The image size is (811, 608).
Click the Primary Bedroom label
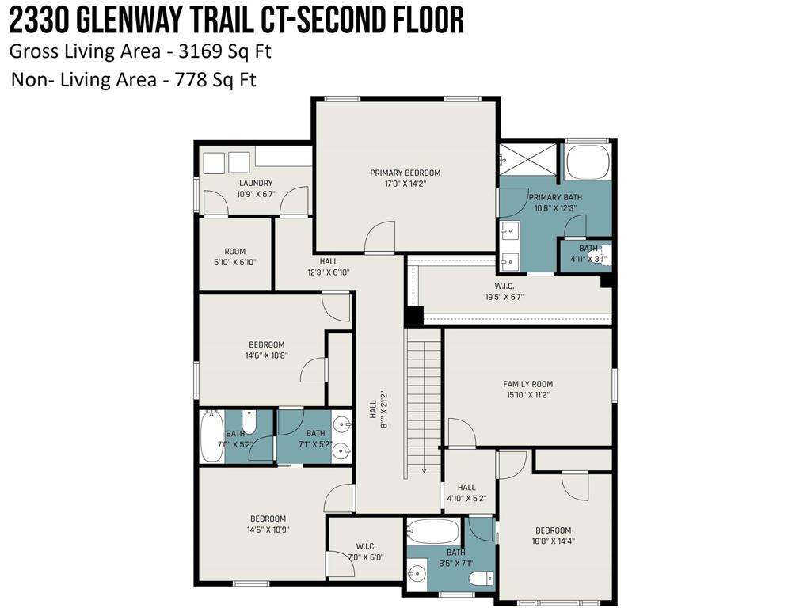point(405,173)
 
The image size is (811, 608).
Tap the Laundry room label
point(256,183)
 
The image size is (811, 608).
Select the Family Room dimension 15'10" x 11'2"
point(527,394)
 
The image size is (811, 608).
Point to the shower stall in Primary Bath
point(529,162)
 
